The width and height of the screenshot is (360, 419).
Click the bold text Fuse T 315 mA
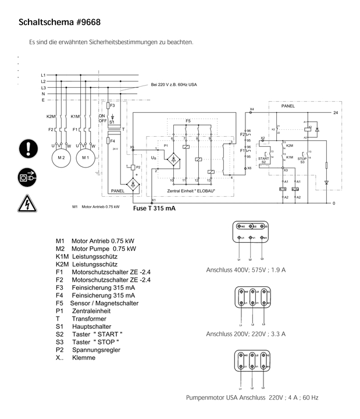(x=155, y=207)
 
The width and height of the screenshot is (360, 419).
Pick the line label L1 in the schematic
(x=44, y=76)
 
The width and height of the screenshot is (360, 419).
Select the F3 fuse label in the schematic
(x=112, y=106)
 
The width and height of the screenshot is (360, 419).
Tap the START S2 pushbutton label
(x=263, y=159)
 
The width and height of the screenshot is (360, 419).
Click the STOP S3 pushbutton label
(x=302, y=159)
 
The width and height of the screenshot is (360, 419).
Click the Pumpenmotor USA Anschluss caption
(x=252, y=398)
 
